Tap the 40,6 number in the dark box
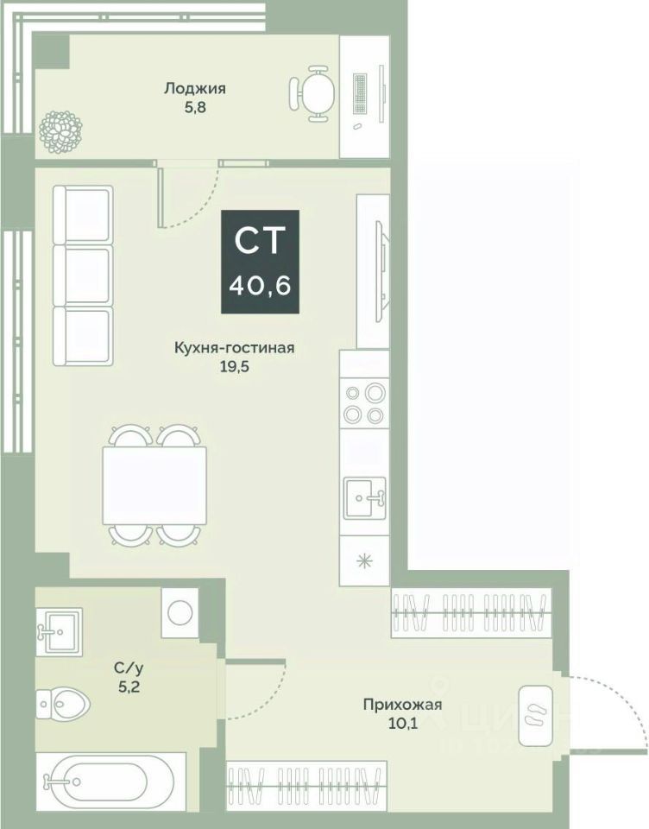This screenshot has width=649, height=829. [260, 284]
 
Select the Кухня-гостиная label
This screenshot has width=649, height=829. [235, 348]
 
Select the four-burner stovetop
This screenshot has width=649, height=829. [363, 403]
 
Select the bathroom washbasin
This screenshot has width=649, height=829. [60, 630]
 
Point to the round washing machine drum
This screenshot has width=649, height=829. [180, 612]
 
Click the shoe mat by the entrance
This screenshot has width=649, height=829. [533, 715]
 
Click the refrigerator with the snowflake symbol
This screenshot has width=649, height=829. [365, 560]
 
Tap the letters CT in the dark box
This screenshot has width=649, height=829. [260, 240]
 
